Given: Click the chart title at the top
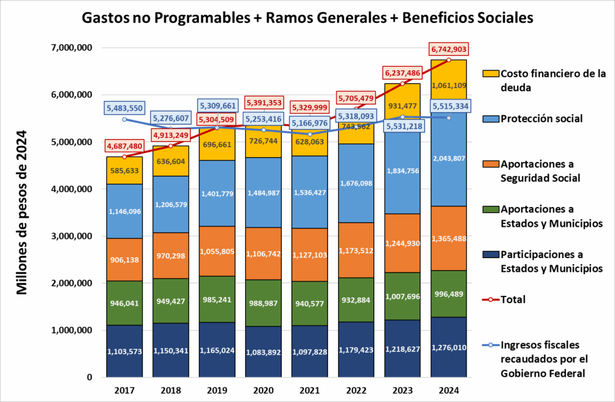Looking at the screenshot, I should (x=307, y=18).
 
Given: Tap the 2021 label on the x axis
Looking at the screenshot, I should (x=310, y=390).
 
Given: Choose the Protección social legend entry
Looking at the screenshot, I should (x=542, y=119).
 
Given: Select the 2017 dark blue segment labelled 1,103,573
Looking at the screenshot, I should (x=125, y=351).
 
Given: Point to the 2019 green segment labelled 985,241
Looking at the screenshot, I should (x=217, y=302).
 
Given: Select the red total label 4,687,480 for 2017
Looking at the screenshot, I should (x=125, y=146).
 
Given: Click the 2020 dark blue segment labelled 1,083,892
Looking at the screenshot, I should (x=264, y=352).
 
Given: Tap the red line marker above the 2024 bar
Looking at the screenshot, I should (x=449, y=60).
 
